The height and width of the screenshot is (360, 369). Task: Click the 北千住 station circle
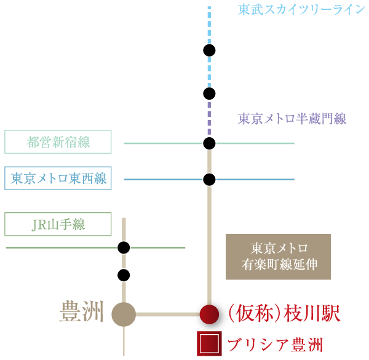tap(209, 50)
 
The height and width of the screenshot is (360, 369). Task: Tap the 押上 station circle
tap(209, 94)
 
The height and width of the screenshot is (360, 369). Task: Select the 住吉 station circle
tap(209, 143)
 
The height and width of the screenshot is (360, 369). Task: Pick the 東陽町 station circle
tap(209, 180)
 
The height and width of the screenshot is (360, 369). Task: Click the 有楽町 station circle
tap(124, 247)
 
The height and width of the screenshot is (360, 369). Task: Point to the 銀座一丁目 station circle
tap(124, 275)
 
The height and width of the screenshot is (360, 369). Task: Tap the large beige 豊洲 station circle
tap(124, 314)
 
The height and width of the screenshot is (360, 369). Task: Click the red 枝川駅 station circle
tap(209, 314)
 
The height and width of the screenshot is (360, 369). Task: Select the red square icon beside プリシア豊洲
tap(209, 343)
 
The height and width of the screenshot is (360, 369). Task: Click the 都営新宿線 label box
tap(58, 142)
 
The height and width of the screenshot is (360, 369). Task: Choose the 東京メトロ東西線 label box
tap(58, 178)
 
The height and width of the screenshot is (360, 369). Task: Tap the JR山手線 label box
tap(58, 225)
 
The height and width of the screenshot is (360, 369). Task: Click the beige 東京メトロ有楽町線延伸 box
tap(278, 257)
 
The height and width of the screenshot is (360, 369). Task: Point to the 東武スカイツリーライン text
tap(301, 10)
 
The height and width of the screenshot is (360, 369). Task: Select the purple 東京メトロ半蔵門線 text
tap(292, 119)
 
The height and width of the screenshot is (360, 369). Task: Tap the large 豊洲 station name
tap(81, 312)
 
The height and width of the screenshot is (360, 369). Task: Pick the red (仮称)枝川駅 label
tap(284, 314)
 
